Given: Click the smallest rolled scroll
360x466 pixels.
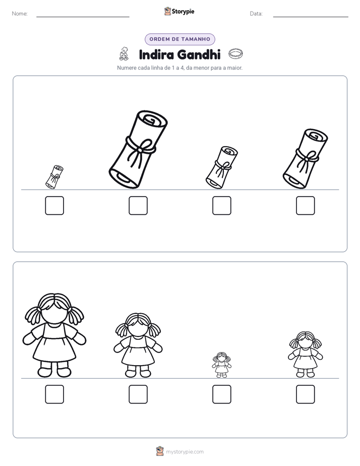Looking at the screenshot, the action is tap(54, 177).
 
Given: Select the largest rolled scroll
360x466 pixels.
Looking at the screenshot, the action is tap(138, 149).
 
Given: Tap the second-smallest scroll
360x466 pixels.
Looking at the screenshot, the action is tap(221, 167).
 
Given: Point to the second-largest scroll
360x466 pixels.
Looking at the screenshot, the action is tap(305, 159).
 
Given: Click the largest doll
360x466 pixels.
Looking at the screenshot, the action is tap(54, 335).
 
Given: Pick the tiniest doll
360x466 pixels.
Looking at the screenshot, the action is tap(221, 365).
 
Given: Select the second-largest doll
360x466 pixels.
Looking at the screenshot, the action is tap(138, 345).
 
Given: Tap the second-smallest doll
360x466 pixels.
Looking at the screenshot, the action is tap(306, 355).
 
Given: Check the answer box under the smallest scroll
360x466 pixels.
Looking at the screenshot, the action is tap(54, 205).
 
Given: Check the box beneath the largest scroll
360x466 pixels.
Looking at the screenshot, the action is tap(138, 205).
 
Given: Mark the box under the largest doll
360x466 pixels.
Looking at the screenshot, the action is tap(54, 394).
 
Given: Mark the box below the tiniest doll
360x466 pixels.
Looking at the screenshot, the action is tap(222, 394).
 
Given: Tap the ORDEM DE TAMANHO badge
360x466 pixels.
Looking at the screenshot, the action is tap(179, 39).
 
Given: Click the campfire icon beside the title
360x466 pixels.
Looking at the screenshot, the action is tap(124, 54).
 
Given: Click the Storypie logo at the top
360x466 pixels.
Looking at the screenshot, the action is tap(179, 12).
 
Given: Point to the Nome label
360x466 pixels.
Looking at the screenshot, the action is tap(20, 14).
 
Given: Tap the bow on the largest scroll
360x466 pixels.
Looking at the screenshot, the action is tap(140, 152).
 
